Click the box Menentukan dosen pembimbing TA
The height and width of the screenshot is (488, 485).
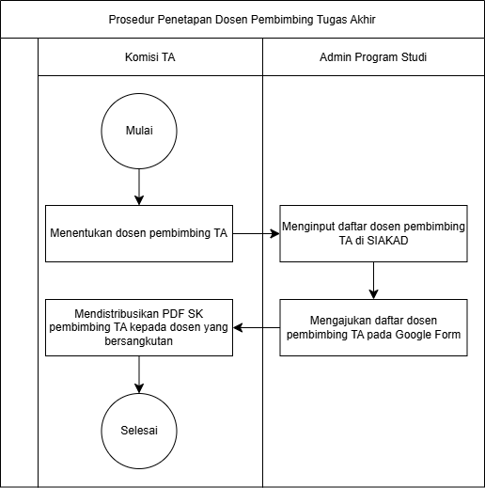click(139, 233)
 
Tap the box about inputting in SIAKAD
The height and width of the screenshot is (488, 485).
click(373, 233)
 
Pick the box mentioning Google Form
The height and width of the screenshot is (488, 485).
click(373, 327)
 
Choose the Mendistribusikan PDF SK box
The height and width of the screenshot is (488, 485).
click(139, 327)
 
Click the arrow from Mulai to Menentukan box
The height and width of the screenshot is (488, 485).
click(139, 187)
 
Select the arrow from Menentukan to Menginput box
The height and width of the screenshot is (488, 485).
click(257, 233)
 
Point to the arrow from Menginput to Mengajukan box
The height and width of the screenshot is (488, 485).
click(373, 280)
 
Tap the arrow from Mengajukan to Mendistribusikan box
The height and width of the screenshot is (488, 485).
click(257, 327)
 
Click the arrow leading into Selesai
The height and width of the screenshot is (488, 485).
click(139, 374)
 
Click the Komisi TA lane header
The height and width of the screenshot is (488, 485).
click(150, 57)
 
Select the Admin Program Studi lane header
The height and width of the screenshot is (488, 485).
click(373, 57)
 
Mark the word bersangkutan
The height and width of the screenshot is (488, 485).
click(139, 340)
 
